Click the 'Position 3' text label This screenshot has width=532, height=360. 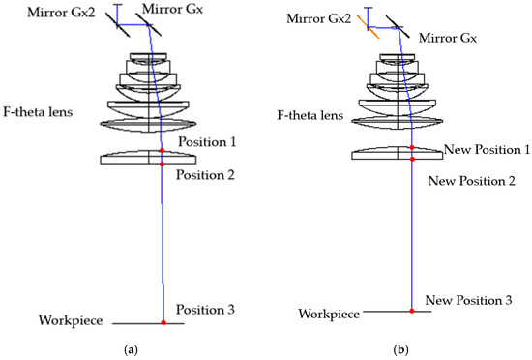pyautogui.click(x=205, y=309)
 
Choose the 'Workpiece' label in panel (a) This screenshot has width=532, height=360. pyautogui.click(x=70, y=320)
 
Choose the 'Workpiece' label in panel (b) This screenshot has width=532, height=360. pyautogui.click(x=329, y=315)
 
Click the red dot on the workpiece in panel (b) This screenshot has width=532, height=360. pyautogui.click(x=413, y=311)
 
